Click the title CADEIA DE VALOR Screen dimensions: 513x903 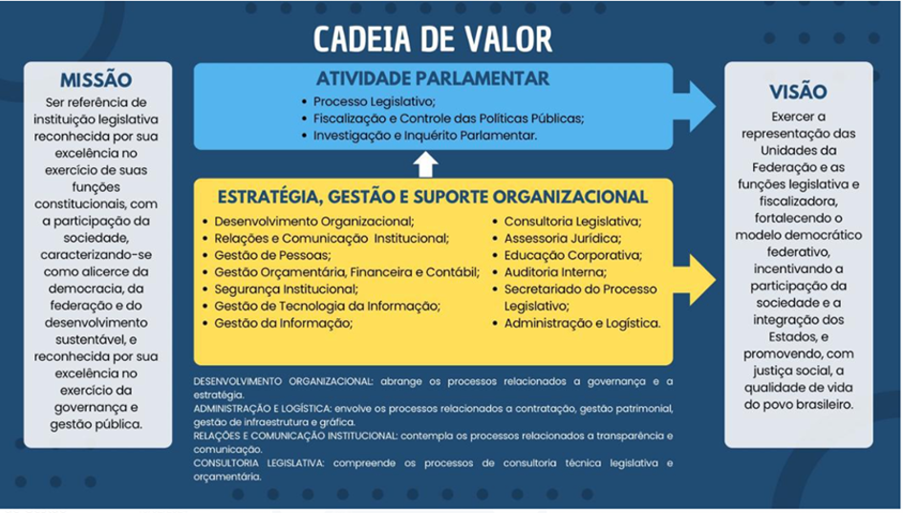(x=432, y=39)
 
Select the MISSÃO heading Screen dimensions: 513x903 (x=97, y=80)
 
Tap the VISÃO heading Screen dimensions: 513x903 (x=798, y=93)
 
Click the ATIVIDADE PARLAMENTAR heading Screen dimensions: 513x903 (x=433, y=78)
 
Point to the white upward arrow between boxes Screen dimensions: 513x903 (x=425, y=163)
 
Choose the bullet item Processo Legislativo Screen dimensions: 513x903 (x=374, y=101)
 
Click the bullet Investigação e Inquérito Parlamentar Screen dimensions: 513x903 (x=425, y=137)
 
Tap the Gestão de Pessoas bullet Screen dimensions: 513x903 (x=272, y=255)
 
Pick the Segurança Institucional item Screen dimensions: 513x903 (x=286, y=289)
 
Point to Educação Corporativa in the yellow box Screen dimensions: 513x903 (x=572, y=255)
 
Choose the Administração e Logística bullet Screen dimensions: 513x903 (x=582, y=323)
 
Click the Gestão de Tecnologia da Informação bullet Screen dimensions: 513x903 (x=327, y=306)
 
